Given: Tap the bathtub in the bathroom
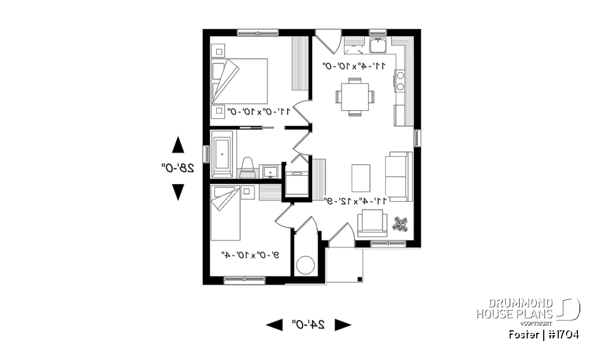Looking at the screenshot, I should point(223,156).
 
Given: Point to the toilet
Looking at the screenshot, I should point(248,168).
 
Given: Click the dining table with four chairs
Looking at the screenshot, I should point(355,97).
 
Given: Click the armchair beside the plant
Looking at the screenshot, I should point(372,224).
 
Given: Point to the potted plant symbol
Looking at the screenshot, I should point(400,223).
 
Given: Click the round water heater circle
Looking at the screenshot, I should point(305,264).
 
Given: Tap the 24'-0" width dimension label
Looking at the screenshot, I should point(309,325).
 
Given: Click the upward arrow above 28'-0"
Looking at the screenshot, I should point(178,145).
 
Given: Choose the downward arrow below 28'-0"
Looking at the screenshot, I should point(178,192).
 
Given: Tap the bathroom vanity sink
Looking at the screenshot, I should point(271,171).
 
